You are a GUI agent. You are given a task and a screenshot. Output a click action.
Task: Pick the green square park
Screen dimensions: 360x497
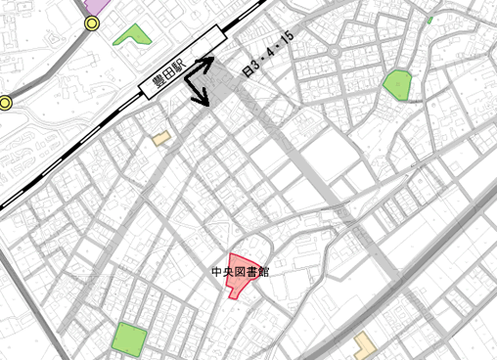coord(129,339)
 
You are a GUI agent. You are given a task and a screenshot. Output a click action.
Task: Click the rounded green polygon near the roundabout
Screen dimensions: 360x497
coord(396,84)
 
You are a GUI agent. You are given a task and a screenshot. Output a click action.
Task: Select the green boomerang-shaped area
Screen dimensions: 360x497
coord(132,36)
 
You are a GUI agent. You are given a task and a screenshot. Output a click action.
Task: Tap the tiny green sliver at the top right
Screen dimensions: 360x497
coord(429,19)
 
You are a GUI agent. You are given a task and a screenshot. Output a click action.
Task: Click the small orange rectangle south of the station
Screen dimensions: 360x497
coord(161,139)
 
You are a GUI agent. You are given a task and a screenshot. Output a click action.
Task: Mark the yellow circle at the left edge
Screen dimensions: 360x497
coord(5,102)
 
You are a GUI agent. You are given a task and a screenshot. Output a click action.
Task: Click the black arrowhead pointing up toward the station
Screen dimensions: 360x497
coord(208,62)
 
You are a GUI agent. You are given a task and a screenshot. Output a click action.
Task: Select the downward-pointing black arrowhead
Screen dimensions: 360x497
coord(203,101)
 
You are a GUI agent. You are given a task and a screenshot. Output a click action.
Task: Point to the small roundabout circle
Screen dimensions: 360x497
coord(335,50)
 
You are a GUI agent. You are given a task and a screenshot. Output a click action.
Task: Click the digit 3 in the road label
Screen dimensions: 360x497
coord(259,61)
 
